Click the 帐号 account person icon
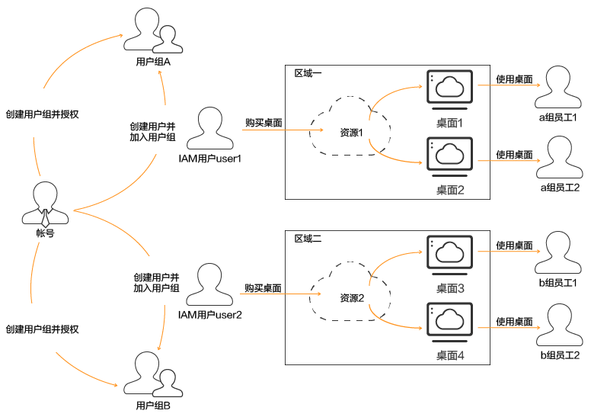pos(45,203)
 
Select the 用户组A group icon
pos(152,31)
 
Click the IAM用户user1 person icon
pos(209,128)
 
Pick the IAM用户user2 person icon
pos(209,284)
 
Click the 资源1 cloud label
pos(353,133)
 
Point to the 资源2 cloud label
pos(352,297)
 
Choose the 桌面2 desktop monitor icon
pos(450,157)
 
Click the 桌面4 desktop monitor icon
pos(450,323)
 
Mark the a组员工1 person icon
pos(559,87)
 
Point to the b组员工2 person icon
pos(559,324)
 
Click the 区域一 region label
pos(308,73)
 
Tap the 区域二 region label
pos(308,239)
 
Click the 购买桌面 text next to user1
pos(264,123)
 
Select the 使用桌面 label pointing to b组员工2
pos(514,322)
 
